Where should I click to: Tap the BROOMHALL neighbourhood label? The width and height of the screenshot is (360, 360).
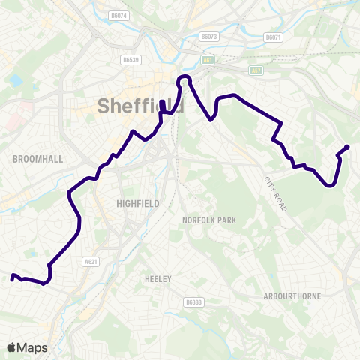pos(37,159)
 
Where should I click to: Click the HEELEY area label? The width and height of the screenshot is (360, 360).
pos(158,279)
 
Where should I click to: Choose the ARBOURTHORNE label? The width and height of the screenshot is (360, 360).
pos(292,296)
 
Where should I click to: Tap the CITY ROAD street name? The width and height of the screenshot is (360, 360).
pos(276,194)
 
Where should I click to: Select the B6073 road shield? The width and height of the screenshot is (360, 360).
pos(208,36)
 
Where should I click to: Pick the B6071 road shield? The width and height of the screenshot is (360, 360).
pos(274,37)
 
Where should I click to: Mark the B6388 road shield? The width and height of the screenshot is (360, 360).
pos(193,301)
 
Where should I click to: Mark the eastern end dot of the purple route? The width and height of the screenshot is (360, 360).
pos(347,147)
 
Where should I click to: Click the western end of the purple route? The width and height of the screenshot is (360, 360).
pos(13,278)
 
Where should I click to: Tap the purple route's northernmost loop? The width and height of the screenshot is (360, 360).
pos(184,78)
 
